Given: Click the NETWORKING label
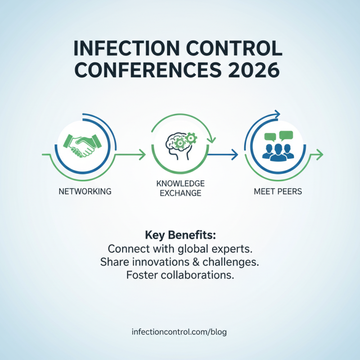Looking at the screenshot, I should (x=85, y=191).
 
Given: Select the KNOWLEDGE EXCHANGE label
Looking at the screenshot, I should (x=180, y=189).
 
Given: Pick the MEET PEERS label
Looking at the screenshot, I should (x=278, y=191).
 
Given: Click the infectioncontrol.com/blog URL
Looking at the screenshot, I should (x=180, y=333).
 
